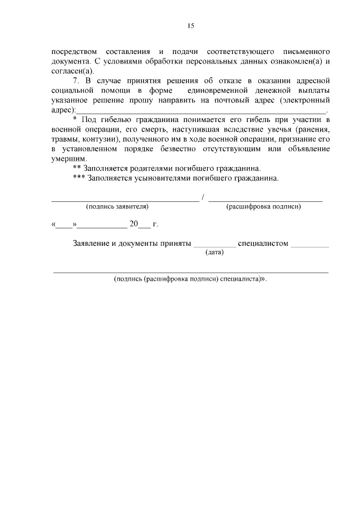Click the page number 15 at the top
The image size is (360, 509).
(x=191, y=26)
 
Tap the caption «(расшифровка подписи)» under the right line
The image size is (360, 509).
(x=263, y=207)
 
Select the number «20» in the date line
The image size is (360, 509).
(x=133, y=224)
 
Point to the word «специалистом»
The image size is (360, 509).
(x=263, y=244)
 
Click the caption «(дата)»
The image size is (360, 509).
(x=214, y=253)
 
